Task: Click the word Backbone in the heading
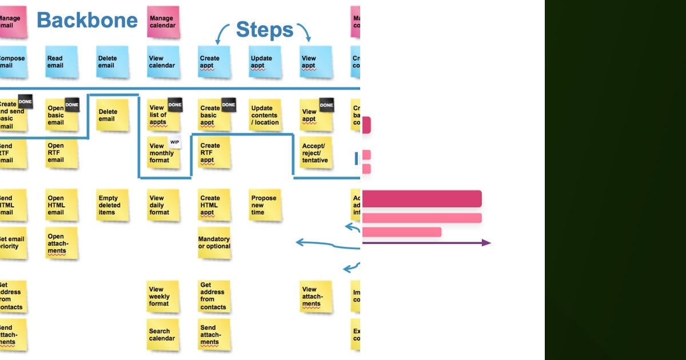tap(87, 21)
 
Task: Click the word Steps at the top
tap(264, 30)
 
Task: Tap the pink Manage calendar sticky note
tap(162, 22)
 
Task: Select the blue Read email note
tap(61, 62)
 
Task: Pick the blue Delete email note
tap(112, 62)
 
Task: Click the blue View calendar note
tap(163, 62)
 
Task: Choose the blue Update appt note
tap(265, 62)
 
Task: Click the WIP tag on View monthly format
tap(175, 142)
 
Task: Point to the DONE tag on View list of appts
tap(175, 105)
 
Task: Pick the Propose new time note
tap(265, 205)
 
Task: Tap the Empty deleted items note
tap(112, 205)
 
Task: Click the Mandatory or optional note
tap(214, 243)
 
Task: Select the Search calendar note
tap(163, 334)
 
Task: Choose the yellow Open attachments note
tap(61, 243)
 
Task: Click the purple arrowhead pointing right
tap(486, 243)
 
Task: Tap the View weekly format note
tap(163, 297)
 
